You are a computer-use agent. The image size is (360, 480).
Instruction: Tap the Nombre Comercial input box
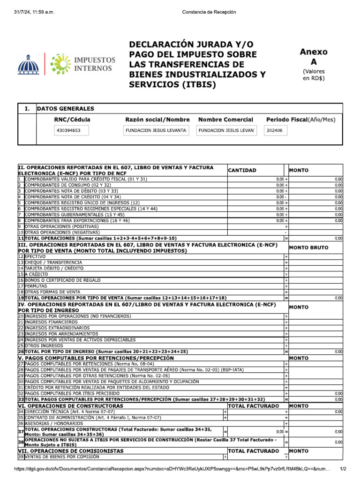click(x=227, y=131)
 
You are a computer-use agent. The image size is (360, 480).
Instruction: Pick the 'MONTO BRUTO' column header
click(x=309, y=247)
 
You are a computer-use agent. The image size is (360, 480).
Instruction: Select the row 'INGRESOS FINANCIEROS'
click(x=51, y=322)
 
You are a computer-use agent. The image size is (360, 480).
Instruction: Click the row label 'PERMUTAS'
click(x=36, y=285)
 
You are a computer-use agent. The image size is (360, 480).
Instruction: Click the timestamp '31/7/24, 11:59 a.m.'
click(x=35, y=12)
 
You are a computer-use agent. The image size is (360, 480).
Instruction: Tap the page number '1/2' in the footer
click(x=343, y=469)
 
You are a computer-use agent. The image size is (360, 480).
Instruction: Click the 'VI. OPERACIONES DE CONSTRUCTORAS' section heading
click(x=71, y=405)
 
